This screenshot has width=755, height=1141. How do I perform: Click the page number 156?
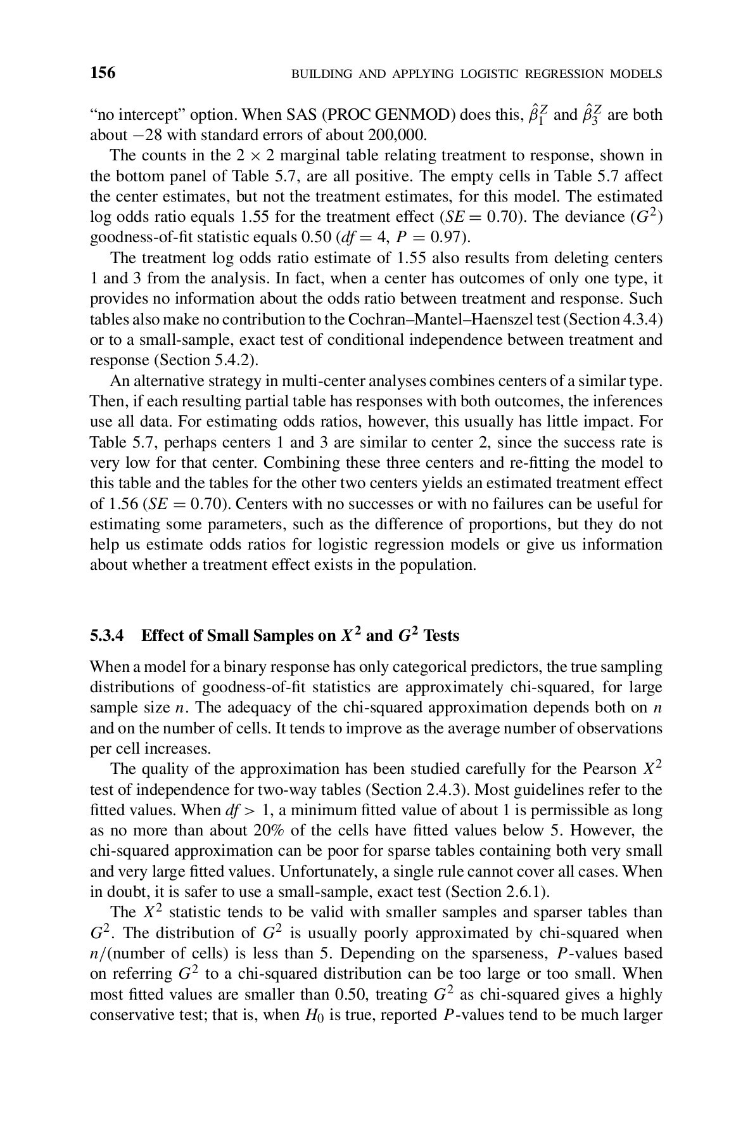[x=103, y=73]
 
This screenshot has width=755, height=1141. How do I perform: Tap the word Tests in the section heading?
[x=441, y=635]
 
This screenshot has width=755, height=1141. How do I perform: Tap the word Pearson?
[x=606, y=770]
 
